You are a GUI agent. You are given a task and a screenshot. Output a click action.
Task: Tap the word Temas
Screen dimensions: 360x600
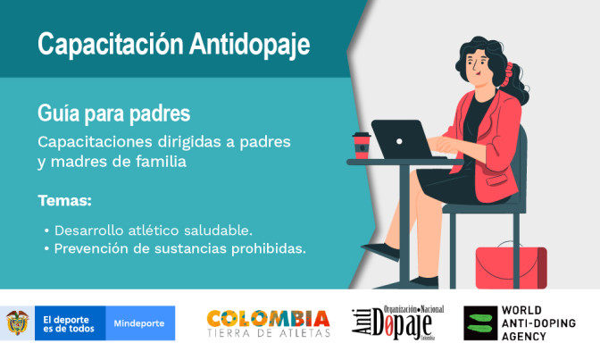64,199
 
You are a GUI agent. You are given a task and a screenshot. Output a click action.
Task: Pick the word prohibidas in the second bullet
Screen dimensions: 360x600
268,248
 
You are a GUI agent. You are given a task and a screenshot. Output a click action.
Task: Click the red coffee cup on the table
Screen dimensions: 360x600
361,146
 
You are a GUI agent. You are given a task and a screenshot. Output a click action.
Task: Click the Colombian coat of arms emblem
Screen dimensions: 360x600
16,322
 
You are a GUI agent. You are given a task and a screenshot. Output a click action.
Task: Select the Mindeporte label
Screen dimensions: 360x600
139,322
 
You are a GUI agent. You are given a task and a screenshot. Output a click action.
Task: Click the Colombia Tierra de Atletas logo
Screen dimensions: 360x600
268,323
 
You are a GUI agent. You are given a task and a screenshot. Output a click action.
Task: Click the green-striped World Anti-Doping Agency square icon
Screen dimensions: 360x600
479,322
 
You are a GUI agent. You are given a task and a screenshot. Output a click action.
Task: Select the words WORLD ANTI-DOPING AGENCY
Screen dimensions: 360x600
538,322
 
